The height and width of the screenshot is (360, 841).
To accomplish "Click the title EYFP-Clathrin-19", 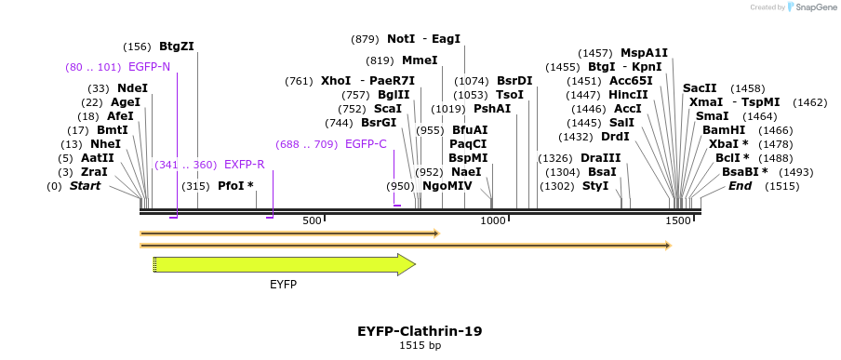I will pyautogui.click(x=420, y=331).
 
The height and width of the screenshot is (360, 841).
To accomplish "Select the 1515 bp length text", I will pyautogui.click(x=420, y=346).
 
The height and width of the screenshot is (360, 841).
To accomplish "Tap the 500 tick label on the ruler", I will pyautogui.click(x=312, y=220).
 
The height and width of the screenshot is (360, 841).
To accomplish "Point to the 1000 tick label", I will pyautogui.click(x=493, y=220).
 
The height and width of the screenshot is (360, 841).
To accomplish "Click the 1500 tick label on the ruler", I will pyautogui.click(x=678, y=220).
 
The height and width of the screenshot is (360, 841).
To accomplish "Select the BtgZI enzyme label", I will pyautogui.click(x=176, y=46).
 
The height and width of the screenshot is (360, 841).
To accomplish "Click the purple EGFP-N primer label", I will pyautogui.click(x=149, y=67).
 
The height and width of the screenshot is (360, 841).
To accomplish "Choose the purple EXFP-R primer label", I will pyautogui.click(x=244, y=165).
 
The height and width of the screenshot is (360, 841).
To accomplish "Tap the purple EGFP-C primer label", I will pyautogui.click(x=366, y=144).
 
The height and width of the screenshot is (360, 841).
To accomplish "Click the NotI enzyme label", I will pyautogui.click(x=401, y=39).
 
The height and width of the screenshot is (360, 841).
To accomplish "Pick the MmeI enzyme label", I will pyautogui.click(x=420, y=60).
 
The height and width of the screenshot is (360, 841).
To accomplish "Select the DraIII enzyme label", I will pyautogui.click(x=600, y=158).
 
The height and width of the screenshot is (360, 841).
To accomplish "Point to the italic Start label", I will pyautogui.click(x=85, y=186).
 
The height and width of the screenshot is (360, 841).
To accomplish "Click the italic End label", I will pyautogui.click(x=740, y=186).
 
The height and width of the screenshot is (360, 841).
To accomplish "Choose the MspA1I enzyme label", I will pyautogui.click(x=644, y=53).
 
